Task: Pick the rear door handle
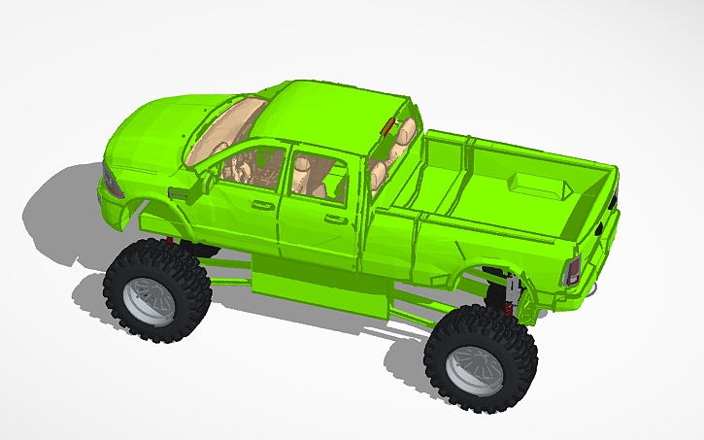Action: [336, 220]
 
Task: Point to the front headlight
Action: [112, 184]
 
